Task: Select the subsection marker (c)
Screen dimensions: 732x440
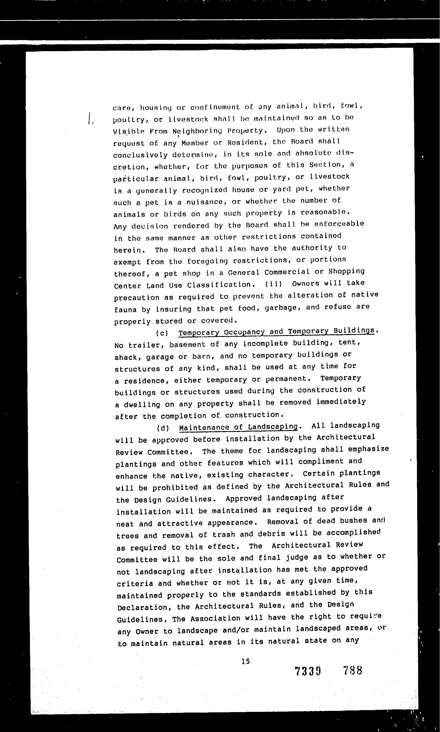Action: pos(162,333)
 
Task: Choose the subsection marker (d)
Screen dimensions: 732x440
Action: pos(163,428)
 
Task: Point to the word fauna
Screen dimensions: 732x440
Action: pos(125,310)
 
